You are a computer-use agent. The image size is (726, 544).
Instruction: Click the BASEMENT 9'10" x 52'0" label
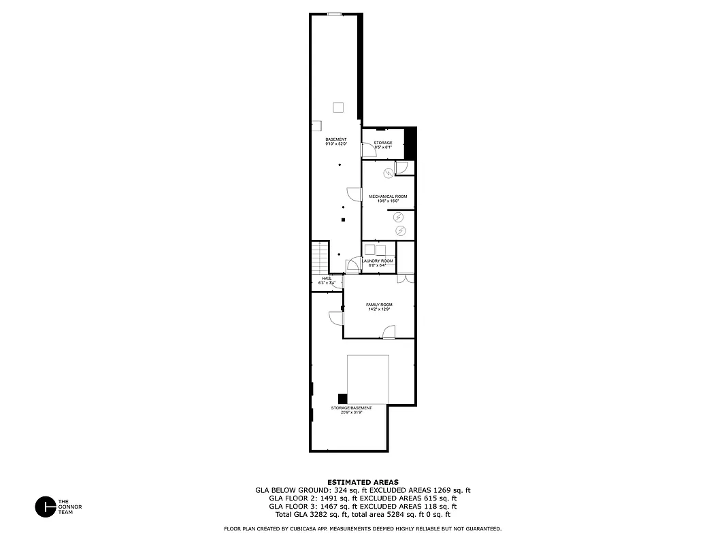click(336, 141)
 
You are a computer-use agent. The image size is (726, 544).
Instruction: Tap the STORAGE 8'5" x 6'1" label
click(383, 145)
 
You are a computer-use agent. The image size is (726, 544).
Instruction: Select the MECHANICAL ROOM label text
click(388, 197)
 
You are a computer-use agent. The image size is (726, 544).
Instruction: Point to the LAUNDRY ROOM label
click(378, 261)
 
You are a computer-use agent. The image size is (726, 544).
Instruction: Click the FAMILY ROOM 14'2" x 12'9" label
click(379, 307)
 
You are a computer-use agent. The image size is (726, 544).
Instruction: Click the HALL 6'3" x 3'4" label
click(327, 280)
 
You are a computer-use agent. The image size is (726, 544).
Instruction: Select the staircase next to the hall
click(320, 258)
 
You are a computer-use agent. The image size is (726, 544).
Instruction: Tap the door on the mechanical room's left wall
click(354, 193)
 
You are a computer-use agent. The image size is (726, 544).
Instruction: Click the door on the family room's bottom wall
click(389, 332)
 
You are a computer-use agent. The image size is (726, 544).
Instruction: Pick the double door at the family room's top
click(406, 278)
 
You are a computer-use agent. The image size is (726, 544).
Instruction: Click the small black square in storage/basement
click(343, 398)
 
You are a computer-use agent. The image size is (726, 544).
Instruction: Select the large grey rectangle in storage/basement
click(368, 379)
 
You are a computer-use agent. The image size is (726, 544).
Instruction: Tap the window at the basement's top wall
click(334, 14)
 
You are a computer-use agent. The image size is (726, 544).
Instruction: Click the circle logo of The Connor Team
click(45, 507)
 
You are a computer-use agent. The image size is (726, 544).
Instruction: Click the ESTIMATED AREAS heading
click(363, 481)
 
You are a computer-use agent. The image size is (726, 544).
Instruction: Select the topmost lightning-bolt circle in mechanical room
click(388, 173)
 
